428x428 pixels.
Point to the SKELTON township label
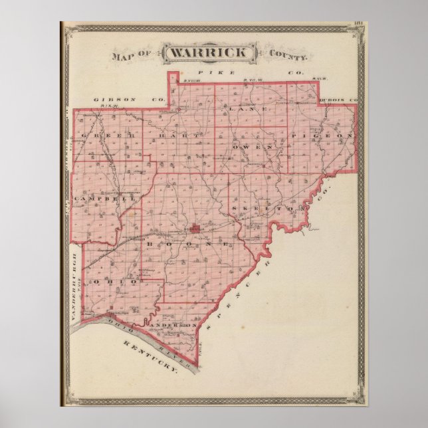pos(263,208)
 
